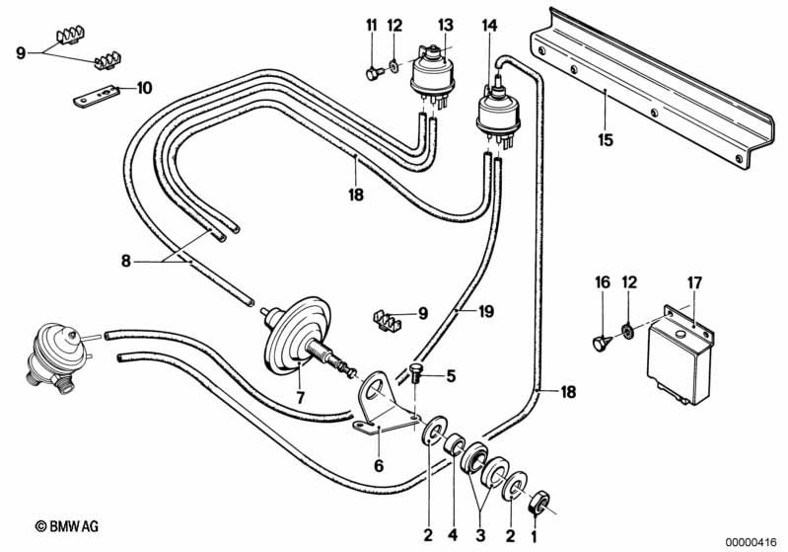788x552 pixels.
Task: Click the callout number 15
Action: [x=606, y=140]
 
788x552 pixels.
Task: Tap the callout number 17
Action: [x=694, y=283]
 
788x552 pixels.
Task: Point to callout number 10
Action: [x=144, y=87]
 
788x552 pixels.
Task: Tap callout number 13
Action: [x=445, y=24]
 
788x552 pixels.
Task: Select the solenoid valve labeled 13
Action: [x=432, y=71]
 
